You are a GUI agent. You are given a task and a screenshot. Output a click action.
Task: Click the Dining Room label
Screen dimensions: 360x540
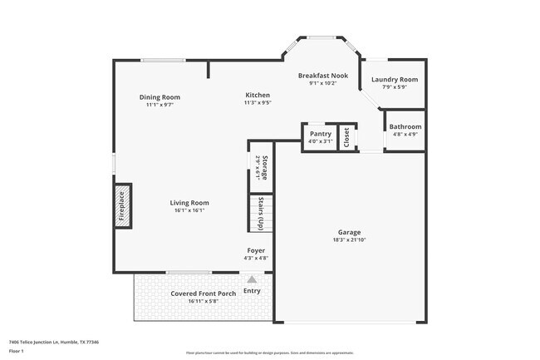(159, 97)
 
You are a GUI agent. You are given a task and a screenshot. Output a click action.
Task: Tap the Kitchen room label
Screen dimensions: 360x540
(257, 96)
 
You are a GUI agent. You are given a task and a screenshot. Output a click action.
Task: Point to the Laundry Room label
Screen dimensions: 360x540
(395, 80)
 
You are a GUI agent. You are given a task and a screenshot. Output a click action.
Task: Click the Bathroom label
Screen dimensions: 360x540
(405, 127)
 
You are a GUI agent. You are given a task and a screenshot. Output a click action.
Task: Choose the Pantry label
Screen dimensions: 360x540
(320, 134)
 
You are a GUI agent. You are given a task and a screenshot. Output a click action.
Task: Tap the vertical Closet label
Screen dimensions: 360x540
(346, 136)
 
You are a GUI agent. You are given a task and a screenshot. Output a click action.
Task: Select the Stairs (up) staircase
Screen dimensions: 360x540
(261, 214)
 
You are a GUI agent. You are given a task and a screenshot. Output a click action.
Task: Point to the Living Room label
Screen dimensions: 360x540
(189, 203)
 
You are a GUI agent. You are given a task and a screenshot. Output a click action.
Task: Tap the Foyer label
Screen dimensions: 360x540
(256, 250)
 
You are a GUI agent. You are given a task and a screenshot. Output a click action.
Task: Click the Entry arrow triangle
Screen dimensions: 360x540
(252, 280)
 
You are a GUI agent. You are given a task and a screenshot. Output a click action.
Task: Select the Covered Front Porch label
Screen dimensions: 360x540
(204, 293)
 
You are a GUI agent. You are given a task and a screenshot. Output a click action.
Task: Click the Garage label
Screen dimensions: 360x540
(349, 233)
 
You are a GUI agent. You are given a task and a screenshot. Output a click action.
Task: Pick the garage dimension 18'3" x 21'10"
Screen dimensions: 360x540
(349, 240)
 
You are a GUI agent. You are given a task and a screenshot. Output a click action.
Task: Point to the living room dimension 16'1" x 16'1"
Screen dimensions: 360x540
(189, 210)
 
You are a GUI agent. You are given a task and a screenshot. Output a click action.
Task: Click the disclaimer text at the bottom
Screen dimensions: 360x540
(270, 353)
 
